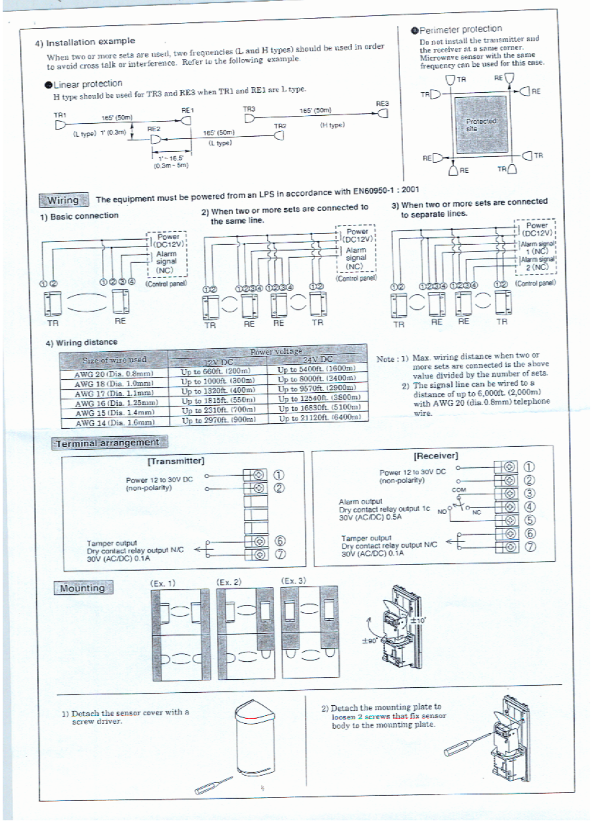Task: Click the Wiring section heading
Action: click(63, 200)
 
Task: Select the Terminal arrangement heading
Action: click(107, 443)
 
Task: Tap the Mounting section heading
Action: click(82, 588)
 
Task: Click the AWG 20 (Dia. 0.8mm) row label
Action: click(114, 374)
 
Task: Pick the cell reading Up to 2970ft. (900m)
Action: click(219, 420)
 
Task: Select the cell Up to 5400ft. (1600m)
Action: click(317, 369)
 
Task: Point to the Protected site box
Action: click(480, 125)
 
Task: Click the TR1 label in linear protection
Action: click(60, 115)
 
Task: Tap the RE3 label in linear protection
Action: click(382, 103)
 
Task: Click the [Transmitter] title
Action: click(176, 461)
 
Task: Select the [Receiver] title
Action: click(436, 456)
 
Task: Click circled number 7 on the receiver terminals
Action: click(530, 547)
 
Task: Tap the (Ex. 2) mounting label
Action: click(229, 582)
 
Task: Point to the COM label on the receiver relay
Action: click(459, 490)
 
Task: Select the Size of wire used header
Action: click(114, 359)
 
